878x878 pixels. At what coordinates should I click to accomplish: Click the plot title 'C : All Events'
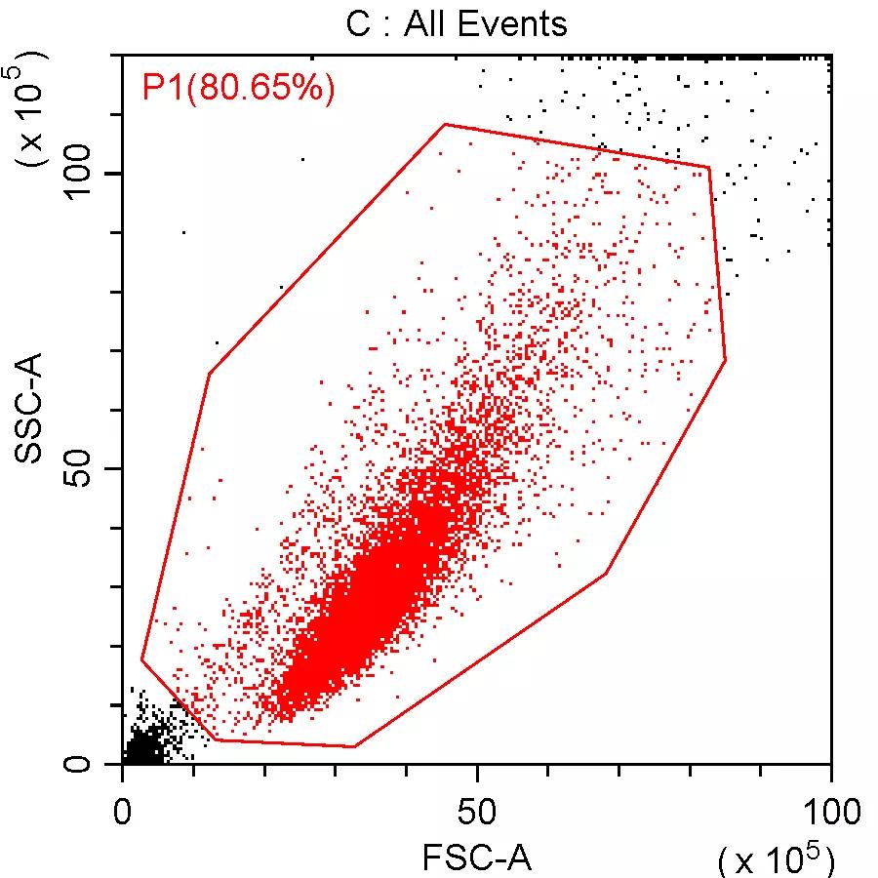456,22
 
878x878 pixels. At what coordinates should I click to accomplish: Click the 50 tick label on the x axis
476,813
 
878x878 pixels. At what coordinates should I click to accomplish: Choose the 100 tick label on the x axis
829,813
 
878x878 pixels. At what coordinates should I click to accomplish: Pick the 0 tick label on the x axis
123,813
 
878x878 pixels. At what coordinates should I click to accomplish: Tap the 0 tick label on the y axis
83,764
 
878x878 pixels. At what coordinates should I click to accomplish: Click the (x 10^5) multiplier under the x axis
776,858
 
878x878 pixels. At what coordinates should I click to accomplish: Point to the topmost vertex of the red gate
445,124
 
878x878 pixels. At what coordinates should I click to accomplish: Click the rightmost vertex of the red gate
726,360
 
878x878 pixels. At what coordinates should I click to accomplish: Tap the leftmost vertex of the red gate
141,660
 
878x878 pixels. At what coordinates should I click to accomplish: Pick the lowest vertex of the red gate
354,746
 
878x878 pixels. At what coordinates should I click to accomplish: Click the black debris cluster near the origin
144,749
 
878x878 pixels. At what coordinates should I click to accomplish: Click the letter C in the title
357,22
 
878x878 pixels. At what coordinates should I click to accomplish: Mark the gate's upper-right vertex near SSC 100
708,168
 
